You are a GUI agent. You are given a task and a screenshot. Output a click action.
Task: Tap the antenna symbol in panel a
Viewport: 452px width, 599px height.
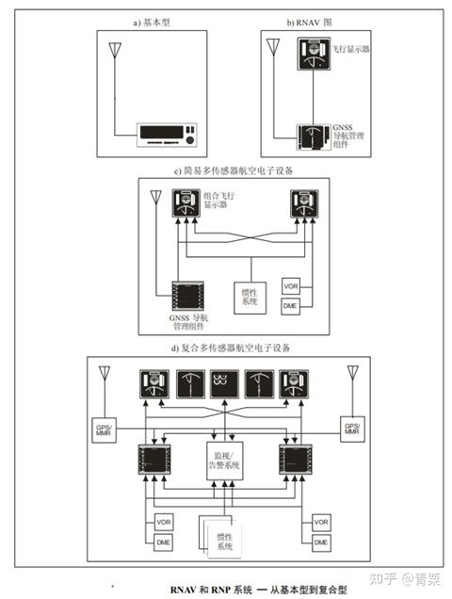115,50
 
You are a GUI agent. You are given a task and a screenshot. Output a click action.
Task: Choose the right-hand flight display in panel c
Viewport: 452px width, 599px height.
303,202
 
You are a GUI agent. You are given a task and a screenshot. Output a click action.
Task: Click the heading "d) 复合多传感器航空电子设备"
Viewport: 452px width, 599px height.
225,348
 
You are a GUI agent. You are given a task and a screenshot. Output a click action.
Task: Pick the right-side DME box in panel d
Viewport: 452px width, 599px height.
320,542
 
